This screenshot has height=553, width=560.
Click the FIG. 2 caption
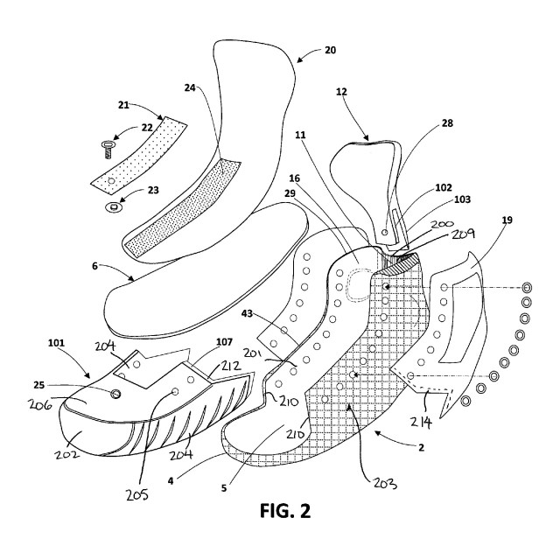[x=279, y=510]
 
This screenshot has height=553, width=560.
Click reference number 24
[x=192, y=87]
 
